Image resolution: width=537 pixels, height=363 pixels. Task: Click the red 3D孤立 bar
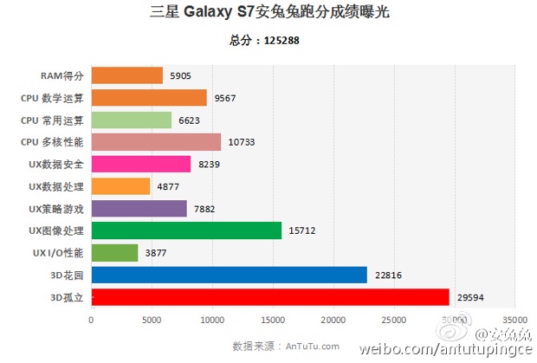click(269, 297)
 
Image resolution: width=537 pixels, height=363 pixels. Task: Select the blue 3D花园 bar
click(229, 275)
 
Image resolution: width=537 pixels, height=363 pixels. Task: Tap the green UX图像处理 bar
click(186, 230)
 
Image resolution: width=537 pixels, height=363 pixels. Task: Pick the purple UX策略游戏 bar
click(139, 209)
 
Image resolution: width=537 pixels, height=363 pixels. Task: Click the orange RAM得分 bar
click(126, 75)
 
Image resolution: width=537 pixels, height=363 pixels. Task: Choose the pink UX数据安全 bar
click(140, 164)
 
